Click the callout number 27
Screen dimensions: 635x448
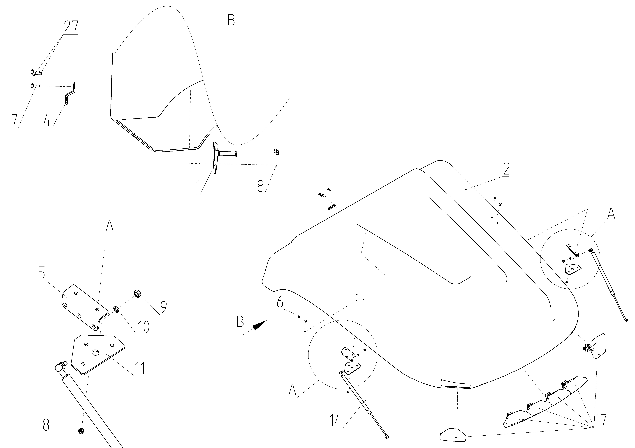pos(71,27)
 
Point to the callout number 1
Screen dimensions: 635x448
pos(199,187)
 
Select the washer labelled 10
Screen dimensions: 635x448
pos(117,309)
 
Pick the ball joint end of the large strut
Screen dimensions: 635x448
pos(59,368)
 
